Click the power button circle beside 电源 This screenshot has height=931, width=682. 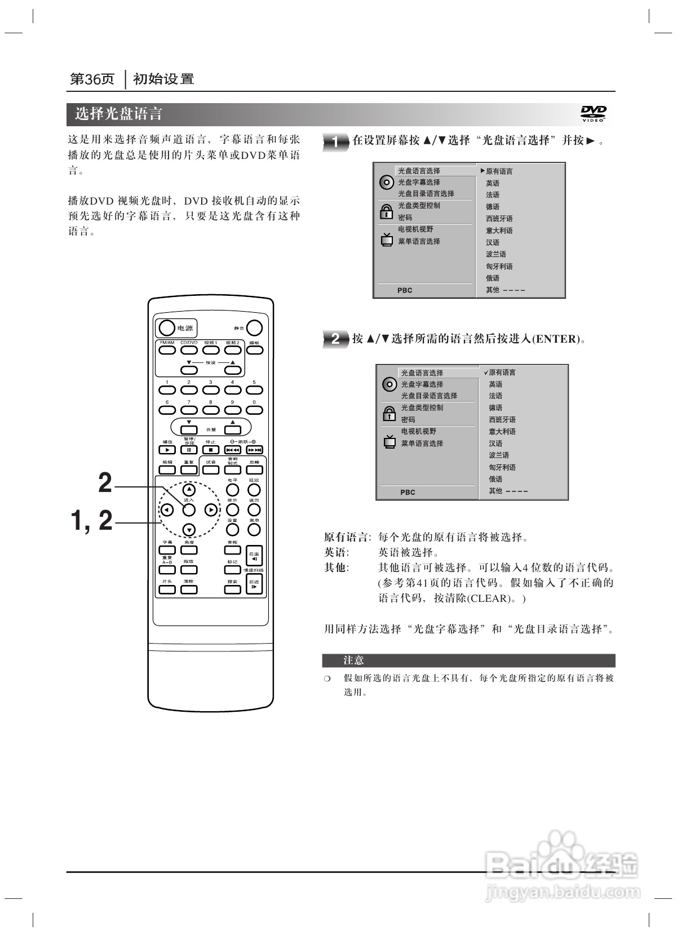(x=166, y=328)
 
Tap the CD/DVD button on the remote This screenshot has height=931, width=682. (x=189, y=350)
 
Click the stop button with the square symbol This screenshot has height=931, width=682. (x=210, y=450)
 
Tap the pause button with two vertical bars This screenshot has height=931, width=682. (x=189, y=450)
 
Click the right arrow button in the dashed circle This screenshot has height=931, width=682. (x=210, y=510)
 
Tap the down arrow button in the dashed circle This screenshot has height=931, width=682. (x=189, y=530)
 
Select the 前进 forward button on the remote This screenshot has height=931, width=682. (x=254, y=584)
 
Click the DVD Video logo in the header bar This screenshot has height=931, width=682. (x=594, y=114)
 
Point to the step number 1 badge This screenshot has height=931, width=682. (x=335, y=142)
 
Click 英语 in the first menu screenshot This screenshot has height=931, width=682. (x=493, y=183)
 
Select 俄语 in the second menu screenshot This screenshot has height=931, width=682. (x=495, y=479)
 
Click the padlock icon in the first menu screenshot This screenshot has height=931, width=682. (x=386, y=212)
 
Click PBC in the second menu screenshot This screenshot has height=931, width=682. (x=408, y=492)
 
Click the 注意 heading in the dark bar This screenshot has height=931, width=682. (x=354, y=660)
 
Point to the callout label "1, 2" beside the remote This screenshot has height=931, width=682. (x=91, y=520)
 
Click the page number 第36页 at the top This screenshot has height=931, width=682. (x=92, y=79)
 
